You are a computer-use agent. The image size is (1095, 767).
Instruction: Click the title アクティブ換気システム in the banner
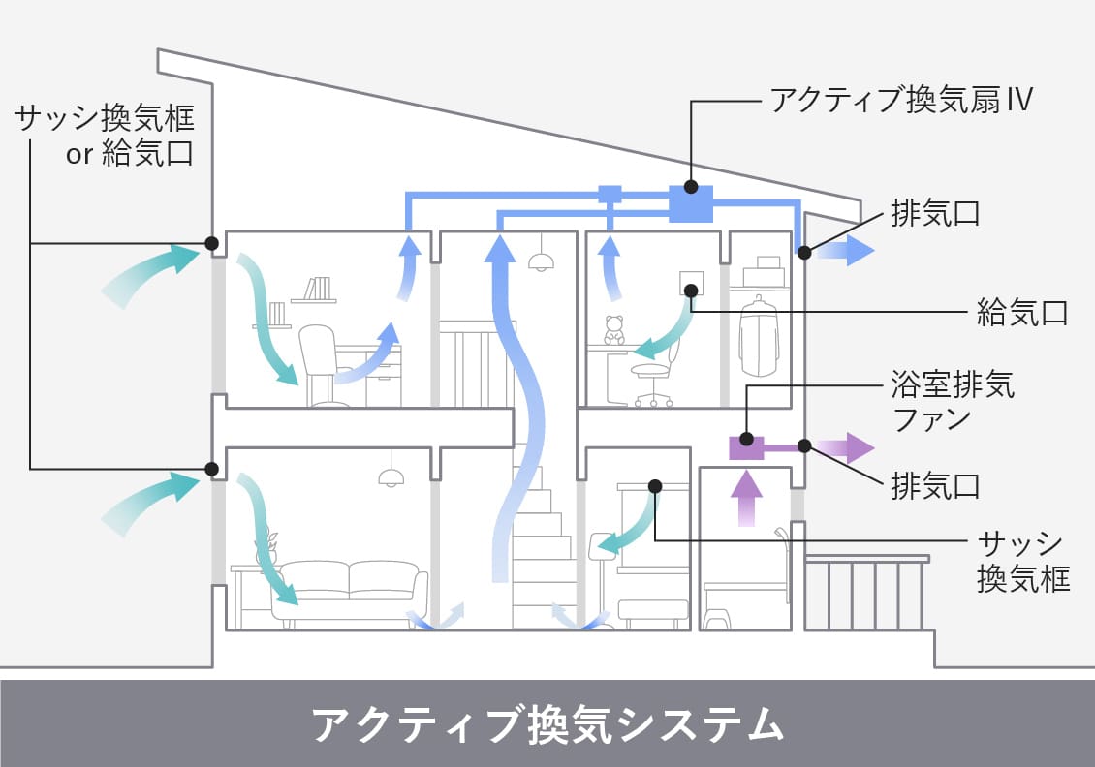pyautogui.click(x=547, y=723)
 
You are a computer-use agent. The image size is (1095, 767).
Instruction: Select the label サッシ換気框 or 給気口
pyautogui.click(x=104, y=136)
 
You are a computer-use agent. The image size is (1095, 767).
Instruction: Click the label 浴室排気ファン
pyautogui.click(x=953, y=404)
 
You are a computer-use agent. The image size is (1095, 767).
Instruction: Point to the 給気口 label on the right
pyautogui.click(x=1021, y=313)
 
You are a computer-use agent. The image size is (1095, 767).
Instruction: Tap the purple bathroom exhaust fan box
pyautogui.click(x=746, y=447)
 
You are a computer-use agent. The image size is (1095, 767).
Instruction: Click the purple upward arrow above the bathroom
pyautogui.click(x=745, y=496)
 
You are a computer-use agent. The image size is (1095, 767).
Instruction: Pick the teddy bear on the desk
pyautogui.click(x=614, y=330)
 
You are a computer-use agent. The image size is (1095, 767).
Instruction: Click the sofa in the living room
pyautogui.click(x=349, y=590)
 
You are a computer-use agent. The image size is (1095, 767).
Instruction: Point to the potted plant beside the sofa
pyautogui.click(x=266, y=547)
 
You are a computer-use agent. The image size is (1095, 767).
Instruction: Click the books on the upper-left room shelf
pyautogui.click(x=317, y=290)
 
